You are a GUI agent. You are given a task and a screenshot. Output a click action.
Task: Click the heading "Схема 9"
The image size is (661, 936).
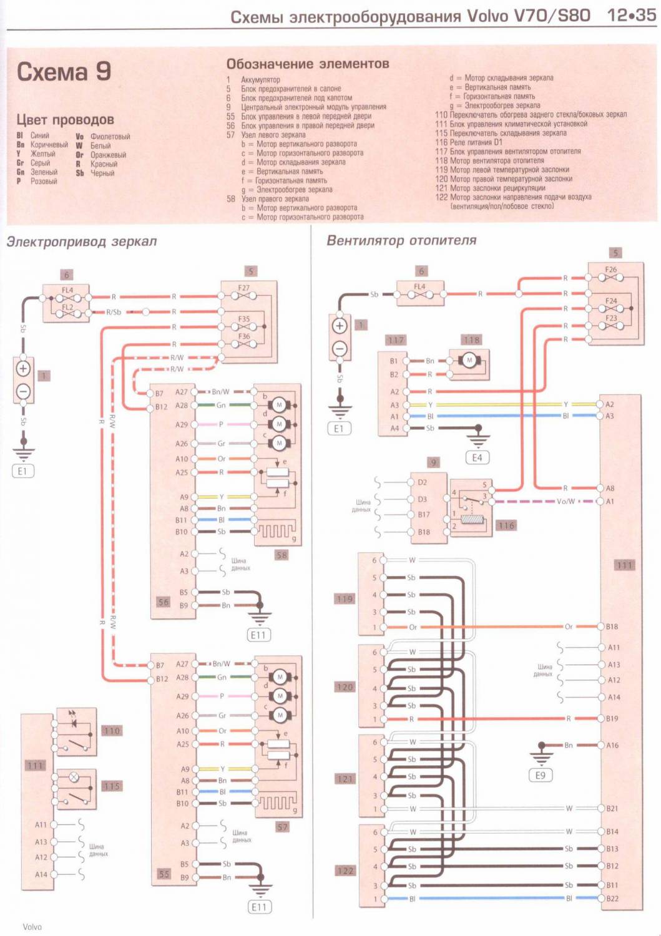(x=64, y=72)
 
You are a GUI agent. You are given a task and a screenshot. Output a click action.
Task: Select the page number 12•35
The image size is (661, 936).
(x=631, y=16)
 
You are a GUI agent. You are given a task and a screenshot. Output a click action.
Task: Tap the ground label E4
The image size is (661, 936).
(x=477, y=458)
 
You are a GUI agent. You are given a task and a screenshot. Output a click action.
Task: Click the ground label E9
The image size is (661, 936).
(x=541, y=776)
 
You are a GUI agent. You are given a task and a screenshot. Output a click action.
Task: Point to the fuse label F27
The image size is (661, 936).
(x=243, y=288)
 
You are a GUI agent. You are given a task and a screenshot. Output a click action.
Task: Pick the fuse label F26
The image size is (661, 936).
(x=610, y=270)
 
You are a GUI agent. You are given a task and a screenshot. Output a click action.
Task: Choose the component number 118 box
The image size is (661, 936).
(x=471, y=340)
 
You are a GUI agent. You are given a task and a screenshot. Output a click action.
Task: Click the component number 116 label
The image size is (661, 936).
(x=506, y=525)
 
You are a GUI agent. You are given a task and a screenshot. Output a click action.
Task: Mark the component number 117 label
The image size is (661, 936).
(x=396, y=340)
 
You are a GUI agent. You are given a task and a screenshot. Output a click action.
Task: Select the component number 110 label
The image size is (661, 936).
(x=112, y=731)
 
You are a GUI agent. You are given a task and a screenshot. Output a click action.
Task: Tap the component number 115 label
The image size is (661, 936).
(x=112, y=786)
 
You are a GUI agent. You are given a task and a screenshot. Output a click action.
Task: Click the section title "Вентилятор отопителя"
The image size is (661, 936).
(x=401, y=240)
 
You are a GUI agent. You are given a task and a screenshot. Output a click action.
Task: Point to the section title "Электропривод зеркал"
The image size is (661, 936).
(x=82, y=241)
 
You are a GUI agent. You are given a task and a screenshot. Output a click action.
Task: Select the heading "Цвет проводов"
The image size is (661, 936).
(x=65, y=119)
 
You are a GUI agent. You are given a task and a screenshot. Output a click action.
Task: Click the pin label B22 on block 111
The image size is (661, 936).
(x=612, y=899)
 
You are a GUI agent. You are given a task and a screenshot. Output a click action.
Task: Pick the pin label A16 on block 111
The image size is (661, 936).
(x=612, y=745)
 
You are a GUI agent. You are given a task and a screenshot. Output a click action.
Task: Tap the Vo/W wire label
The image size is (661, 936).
(x=566, y=501)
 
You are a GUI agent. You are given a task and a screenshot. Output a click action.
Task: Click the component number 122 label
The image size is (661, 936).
(x=345, y=870)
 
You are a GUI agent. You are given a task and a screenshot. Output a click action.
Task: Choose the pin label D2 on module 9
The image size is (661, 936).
(x=423, y=482)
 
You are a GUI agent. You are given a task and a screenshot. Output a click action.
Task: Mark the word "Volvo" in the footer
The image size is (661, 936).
(x=32, y=927)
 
